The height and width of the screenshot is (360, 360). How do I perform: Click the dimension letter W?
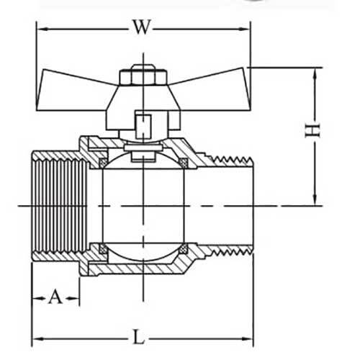pyautogui.click(x=143, y=28)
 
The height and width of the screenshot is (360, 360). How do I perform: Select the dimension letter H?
pyautogui.click(x=312, y=130)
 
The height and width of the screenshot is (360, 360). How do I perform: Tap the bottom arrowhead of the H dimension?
pyautogui.click(x=315, y=201)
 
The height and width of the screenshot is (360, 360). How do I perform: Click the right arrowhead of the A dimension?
pyautogui.click(x=75, y=297)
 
